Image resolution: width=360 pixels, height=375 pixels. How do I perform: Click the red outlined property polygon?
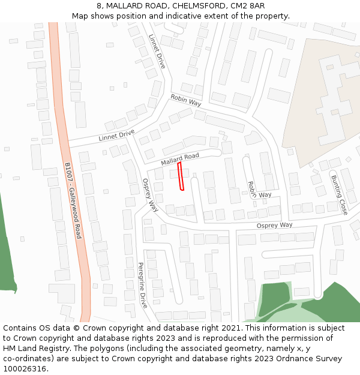[x=181, y=175]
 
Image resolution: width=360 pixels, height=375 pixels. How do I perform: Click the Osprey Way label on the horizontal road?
[x=274, y=225]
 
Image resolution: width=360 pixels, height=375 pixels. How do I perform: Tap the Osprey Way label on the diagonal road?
[x=150, y=195]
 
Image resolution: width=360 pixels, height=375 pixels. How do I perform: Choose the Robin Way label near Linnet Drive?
[x=185, y=99]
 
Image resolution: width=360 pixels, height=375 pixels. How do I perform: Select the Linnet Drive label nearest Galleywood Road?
[x=116, y=136]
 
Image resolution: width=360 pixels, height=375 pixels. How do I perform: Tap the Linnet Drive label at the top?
[x=157, y=51]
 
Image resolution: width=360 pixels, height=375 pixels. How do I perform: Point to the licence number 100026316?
[x=26, y=369]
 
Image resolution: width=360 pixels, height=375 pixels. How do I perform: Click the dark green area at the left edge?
[x=7, y=252]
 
